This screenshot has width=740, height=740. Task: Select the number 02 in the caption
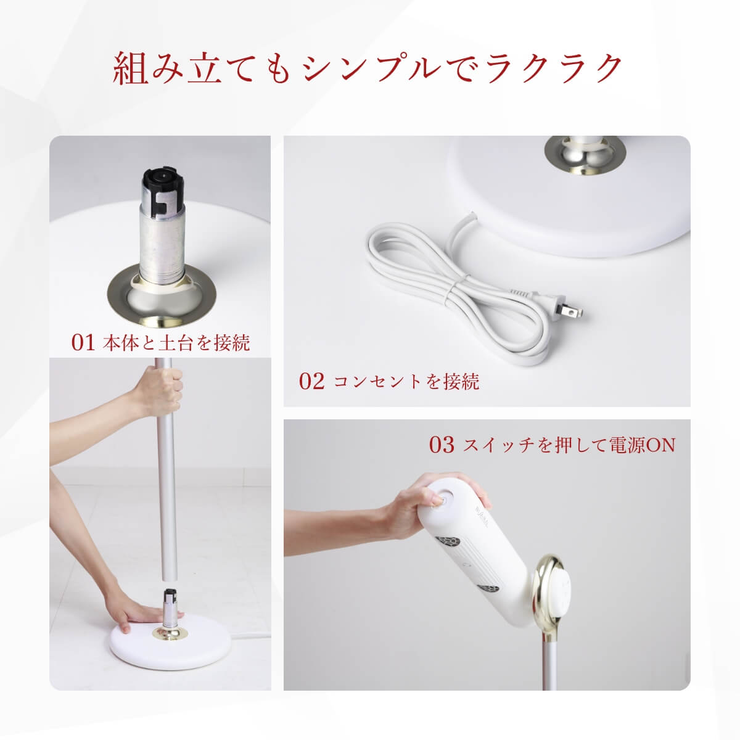(311, 381)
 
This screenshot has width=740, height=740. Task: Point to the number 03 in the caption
(442, 445)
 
